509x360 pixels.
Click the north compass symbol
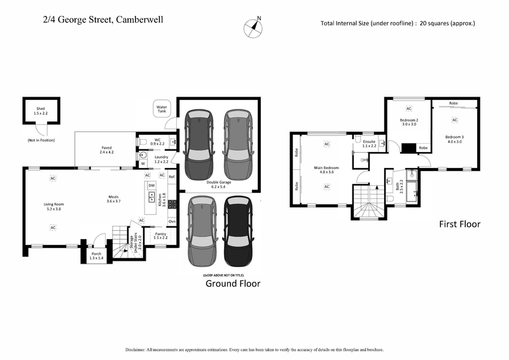click(x=254, y=27)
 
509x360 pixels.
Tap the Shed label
click(x=41, y=111)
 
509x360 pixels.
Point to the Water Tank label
click(x=162, y=109)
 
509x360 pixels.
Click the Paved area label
click(x=106, y=150)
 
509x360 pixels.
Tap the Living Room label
click(x=54, y=207)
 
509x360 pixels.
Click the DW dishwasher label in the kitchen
click(x=151, y=185)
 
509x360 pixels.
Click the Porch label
click(x=95, y=256)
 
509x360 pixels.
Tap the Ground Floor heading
click(x=233, y=284)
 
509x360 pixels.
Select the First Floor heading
click(x=459, y=224)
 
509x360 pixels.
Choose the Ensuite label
click(x=369, y=144)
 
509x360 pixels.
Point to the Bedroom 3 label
click(x=454, y=139)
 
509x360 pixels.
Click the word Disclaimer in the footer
click(x=139, y=350)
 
